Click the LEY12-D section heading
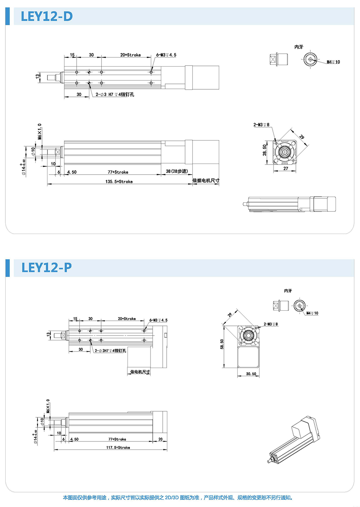[47, 17]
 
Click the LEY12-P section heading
[46, 268]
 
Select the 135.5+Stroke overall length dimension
[119, 181]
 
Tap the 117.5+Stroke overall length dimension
[118, 448]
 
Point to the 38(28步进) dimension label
[177, 171]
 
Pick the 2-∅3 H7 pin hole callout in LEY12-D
[115, 95]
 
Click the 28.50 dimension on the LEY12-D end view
[265, 150]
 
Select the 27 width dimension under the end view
[285, 169]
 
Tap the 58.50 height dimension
[222, 344]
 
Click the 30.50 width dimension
[251, 374]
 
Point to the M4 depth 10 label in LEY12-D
[333, 62]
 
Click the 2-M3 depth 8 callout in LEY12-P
[270, 324]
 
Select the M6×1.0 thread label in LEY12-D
[40, 131]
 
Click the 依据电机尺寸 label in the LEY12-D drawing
[206, 180]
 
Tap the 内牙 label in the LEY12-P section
[288, 291]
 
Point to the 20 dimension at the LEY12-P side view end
[160, 439]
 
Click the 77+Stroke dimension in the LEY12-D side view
[118, 172]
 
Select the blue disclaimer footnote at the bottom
[178, 498]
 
